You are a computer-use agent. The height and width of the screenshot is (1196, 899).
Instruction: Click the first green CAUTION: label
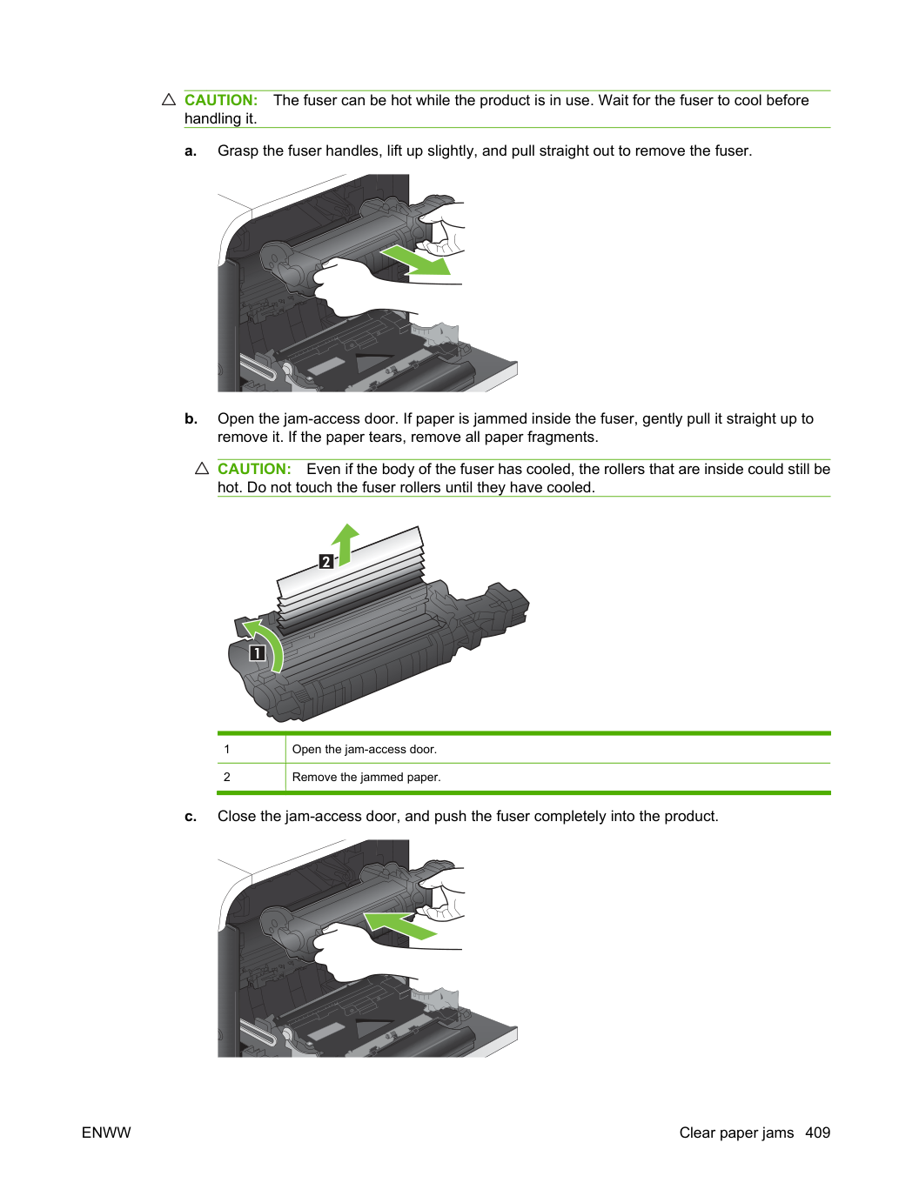click(x=221, y=100)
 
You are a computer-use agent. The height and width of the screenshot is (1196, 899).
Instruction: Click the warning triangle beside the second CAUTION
click(x=202, y=468)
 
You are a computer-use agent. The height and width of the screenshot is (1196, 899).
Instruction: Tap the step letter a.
click(x=191, y=151)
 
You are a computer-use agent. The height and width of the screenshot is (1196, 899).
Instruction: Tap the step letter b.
click(x=191, y=418)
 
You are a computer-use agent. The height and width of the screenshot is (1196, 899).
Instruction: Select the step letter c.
click(x=191, y=816)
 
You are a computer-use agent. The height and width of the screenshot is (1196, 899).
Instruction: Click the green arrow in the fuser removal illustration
click(x=415, y=260)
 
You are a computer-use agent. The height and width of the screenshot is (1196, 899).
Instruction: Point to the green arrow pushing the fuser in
click(x=400, y=925)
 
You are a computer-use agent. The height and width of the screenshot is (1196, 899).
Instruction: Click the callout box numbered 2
click(x=326, y=561)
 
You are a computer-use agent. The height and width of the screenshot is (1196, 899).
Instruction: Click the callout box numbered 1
click(x=257, y=652)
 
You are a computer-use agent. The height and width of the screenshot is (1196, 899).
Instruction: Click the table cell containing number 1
click(x=252, y=749)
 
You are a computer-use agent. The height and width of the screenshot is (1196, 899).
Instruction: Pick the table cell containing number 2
click(x=252, y=777)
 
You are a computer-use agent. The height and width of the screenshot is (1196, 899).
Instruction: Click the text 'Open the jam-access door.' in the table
click(x=364, y=749)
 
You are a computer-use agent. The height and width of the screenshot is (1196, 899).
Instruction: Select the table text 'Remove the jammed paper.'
click(x=366, y=777)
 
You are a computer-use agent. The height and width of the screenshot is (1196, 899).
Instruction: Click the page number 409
click(x=818, y=1133)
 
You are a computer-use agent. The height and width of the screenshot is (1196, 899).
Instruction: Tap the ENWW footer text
click(x=106, y=1133)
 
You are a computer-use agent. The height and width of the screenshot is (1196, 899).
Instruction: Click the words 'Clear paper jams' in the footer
click(x=736, y=1133)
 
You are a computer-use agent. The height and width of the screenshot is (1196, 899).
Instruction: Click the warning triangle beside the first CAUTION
click(x=169, y=99)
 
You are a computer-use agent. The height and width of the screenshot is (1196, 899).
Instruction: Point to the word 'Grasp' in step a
click(x=238, y=151)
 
